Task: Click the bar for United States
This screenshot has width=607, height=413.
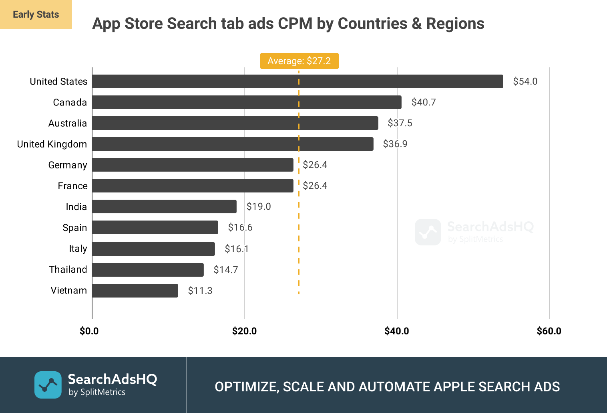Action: coord(297,81)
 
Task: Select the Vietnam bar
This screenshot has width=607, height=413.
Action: coord(135,291)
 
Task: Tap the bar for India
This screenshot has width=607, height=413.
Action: coord(164,206)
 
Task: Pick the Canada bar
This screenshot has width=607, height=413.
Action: coord(247,102)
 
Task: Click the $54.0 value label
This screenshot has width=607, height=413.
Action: coord(525,81)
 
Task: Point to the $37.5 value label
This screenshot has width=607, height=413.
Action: coord(400,123)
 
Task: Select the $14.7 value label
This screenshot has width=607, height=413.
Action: coord(225,270)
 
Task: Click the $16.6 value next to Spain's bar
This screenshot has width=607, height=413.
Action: coord(240,227)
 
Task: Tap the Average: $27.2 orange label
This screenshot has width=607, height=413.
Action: coord(299,61)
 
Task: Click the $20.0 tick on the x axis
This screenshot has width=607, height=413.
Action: coord(244,331)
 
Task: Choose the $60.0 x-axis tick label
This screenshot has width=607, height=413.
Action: coord(549,331)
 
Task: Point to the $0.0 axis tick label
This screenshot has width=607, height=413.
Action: coord(89,331)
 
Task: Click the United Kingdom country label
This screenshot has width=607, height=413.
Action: coord(52,144)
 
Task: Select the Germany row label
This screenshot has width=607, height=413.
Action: coord(67,165)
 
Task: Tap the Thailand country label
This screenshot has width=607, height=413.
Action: coord(68,269)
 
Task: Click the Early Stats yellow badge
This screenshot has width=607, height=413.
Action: coord(36,14)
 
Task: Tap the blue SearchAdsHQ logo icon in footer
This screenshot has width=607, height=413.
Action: coord(48,385)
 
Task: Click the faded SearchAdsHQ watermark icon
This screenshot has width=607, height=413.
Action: coord(428,232)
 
